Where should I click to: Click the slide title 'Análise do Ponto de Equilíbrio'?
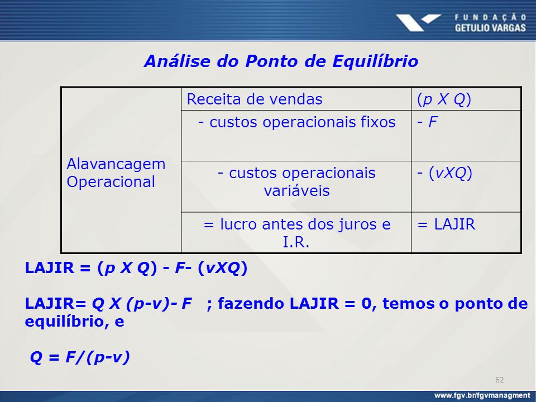(x=281, y=61)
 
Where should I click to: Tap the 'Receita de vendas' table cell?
(x=296, y=99)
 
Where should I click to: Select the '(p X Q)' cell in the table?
(x=466, y=99)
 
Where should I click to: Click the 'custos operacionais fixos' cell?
(x=296, y=136)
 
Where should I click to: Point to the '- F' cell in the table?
(x=466, y=136)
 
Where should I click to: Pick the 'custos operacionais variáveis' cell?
(x=296, y=186)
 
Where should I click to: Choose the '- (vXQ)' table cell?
(x=466, y=186)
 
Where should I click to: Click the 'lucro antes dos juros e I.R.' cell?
(x=296, y=233)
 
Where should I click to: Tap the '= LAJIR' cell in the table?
(x=466, y=233)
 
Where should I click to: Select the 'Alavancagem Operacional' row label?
(x=116, y=173)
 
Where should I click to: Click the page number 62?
(x=499, y=380)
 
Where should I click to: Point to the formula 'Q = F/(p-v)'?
(x=80, y=357)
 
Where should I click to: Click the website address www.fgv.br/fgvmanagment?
(x=482, y=396)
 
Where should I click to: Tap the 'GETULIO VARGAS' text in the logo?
(x=490, y=28)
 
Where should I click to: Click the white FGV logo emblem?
(x=418, y=22)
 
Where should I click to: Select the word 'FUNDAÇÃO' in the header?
(x=490, y=17)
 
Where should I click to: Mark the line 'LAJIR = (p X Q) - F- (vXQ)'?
(x=136, y=268)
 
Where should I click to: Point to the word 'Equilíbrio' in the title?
(x=375, y=61)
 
